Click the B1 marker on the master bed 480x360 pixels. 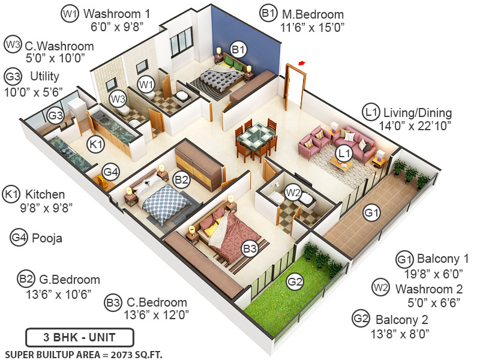[238, 49]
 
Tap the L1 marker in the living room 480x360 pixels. [344, 153]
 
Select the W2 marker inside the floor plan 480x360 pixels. [293, 193]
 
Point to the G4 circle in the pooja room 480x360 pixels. [110, 172]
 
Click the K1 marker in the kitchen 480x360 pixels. [96, 144]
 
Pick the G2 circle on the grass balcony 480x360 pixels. [294, 281]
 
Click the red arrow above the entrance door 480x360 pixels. [302, 62]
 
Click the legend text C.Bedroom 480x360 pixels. [155, 302]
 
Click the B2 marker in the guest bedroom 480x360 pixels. [182, 178]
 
